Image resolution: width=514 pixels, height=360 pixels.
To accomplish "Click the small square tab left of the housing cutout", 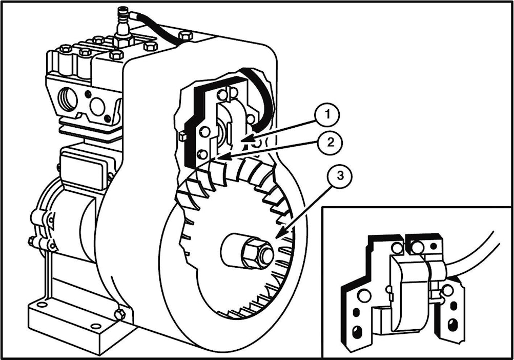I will tap(182, 136).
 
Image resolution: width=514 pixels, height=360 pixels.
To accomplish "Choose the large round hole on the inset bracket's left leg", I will tap(364, 296).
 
